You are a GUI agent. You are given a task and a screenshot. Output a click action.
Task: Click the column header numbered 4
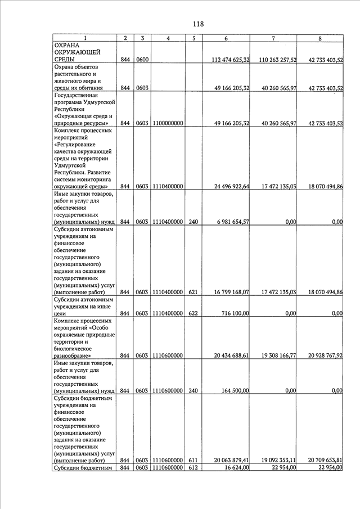click(168, 38)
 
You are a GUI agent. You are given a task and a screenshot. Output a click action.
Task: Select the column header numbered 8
click(319, 38)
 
